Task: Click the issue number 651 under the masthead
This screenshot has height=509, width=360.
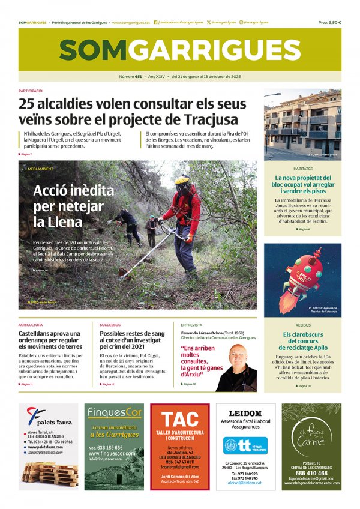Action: pos(139,77)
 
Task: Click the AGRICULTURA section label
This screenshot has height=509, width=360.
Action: pos(31,325)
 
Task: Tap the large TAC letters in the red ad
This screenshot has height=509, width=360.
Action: pos(179,418)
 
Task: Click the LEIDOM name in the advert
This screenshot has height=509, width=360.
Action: pos(245,414)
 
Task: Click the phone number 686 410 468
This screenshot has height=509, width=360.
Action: pos(311,472)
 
